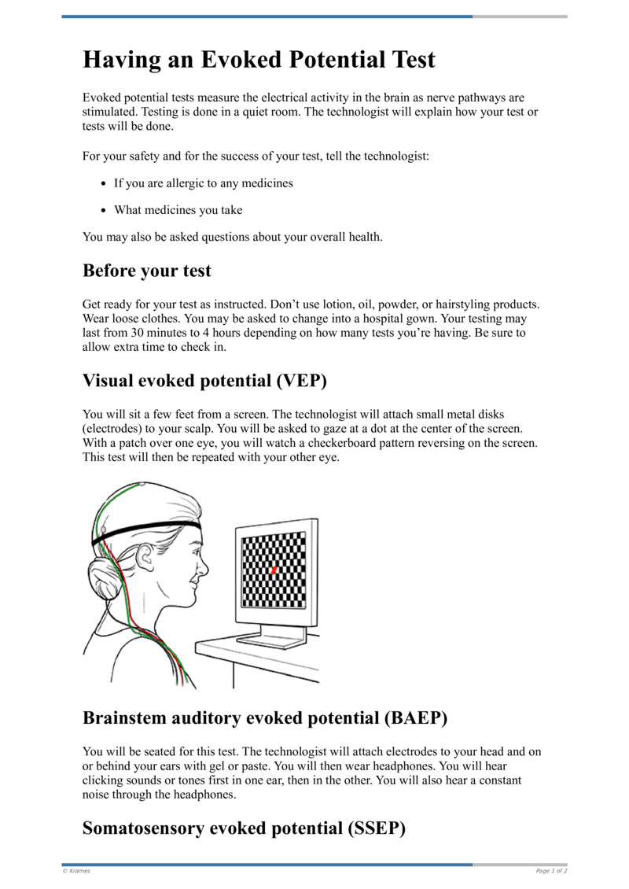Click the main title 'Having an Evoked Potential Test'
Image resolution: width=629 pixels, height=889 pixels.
(x=259, y=60)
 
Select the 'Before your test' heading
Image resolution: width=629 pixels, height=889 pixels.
(x=147, y=271)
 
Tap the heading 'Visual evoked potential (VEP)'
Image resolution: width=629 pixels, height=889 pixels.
(x=204, y=381)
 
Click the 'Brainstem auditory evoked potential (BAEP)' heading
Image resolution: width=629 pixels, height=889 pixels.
(x=265, y=717)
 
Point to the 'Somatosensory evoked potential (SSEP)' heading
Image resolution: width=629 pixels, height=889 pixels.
(x=244, y=828)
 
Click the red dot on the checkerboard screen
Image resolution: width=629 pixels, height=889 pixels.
(x=274, y=569)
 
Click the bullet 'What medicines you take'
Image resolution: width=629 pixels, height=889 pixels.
(x=178, y=210)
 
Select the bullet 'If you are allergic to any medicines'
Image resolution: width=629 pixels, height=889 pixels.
(x=203, y=183)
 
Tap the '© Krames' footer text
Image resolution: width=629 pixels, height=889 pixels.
(x=76, y=871)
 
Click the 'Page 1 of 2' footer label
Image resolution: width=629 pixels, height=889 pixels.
(x=551, y=871)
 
